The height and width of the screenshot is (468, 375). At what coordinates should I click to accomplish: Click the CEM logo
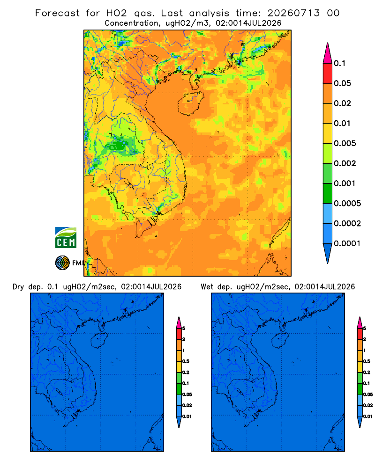click(x=66, y=238)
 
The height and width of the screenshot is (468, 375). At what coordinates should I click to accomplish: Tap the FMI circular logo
click(x=62, y=263)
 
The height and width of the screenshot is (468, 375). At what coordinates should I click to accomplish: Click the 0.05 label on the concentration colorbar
click(x=342, y=83)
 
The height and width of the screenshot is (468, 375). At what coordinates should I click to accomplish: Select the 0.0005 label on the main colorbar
click(x=347, y=204)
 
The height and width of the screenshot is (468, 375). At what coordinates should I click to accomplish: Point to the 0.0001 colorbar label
click(x=347, y=243)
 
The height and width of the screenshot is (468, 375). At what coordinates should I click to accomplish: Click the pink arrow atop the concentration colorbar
click(x=328, y=53)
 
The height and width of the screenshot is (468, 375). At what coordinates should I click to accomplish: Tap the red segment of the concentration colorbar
click(x=328, y=73)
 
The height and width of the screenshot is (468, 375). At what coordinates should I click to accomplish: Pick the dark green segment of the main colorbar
click(x=328, y=193)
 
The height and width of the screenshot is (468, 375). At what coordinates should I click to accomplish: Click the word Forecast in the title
click(x=57, y=13)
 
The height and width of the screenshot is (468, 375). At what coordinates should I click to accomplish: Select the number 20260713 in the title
click(x=293, y=13)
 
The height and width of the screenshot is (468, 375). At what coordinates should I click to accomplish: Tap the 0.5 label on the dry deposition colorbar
click(x=186, y=361)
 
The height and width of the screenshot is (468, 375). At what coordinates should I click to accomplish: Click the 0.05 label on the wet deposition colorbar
click(x=368, y=395)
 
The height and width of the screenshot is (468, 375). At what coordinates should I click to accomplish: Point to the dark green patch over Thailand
click(x=119, y=146)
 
